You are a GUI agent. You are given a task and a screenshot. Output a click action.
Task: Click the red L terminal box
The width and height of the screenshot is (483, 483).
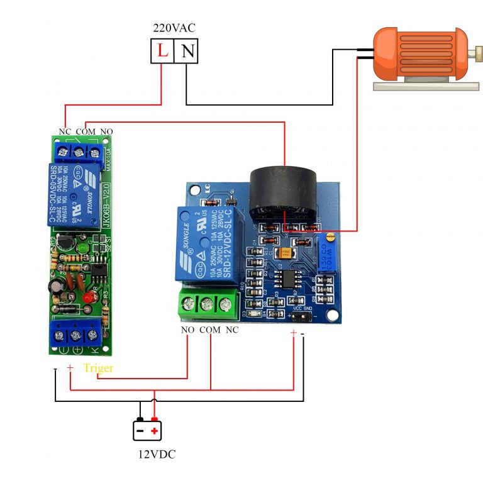coord(162,51)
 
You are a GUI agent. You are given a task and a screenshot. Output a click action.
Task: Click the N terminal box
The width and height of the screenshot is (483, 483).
coord(186,51)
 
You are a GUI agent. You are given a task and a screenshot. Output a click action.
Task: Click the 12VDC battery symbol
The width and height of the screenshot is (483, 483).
coord(147,430)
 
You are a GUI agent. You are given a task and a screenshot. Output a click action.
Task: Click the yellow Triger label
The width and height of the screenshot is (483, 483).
coord(98,368)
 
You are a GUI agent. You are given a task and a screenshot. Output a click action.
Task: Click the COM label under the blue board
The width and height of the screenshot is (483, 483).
coord(209,330)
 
